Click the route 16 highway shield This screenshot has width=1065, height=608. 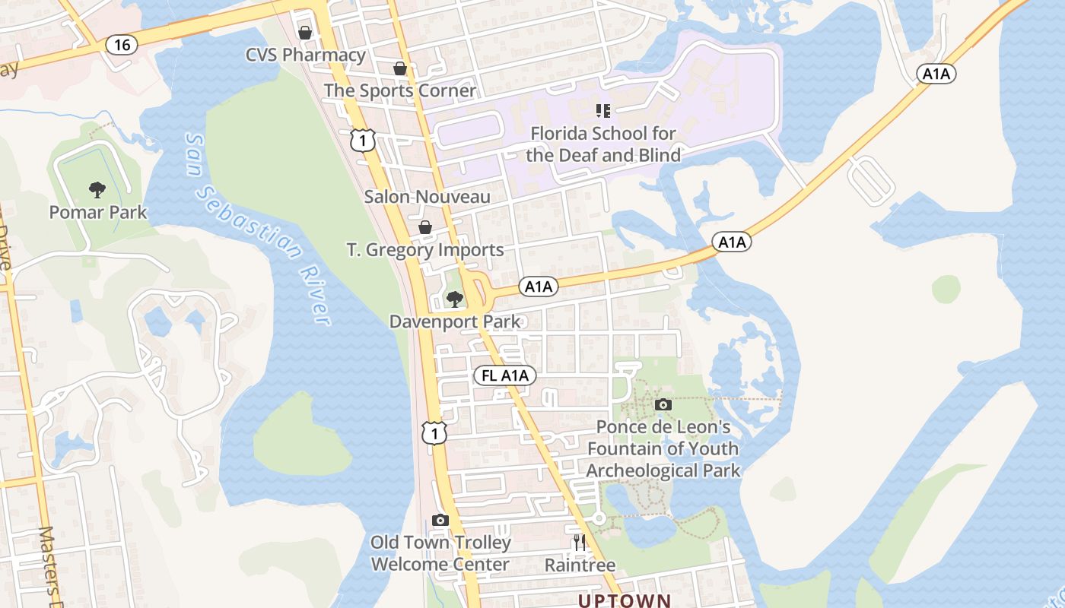click(x=122, y=45)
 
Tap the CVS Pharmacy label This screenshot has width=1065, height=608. click(x=306, y=55)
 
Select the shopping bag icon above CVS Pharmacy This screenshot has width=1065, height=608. click(x=305, y=33)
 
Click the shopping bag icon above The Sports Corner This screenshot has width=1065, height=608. click(x=400, y=69)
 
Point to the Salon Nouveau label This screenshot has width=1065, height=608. click(x=428, y=197)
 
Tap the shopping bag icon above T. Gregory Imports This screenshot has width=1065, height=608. click(x=425, y=227)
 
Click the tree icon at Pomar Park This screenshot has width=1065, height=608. click(x=97, y=190)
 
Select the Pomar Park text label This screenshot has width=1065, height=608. click(x=98, y=212)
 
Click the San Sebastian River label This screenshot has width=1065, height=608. click(x=259, y=228)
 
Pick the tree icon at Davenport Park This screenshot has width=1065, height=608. click(x=455, y=299)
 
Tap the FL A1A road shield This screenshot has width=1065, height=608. click(x=505, y=375)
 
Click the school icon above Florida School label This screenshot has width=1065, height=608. click(x=603, y=111)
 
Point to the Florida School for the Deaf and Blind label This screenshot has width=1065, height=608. click(x=603, y=144)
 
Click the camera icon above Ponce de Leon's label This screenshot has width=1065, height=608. click(x=663, y=404)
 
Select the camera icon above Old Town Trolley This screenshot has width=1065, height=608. click(x=440, y=521)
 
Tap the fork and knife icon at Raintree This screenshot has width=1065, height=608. click(x=580, y=542)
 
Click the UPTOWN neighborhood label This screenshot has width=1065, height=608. click(x=625, y=600)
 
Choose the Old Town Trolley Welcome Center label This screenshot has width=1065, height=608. click(x=440, y=553)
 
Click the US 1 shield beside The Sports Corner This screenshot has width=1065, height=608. click(x=364, y=139)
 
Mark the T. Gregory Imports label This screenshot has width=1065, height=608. click(x=425, y=250)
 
